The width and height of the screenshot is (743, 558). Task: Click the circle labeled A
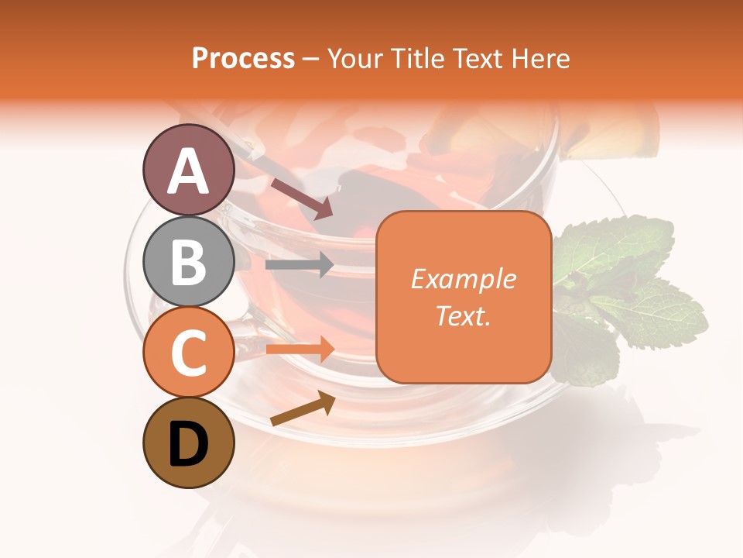point(189,170)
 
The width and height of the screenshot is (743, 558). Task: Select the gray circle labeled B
point(189,261)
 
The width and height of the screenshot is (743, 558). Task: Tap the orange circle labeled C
point(189,353)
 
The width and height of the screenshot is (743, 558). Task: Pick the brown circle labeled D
point(189,443)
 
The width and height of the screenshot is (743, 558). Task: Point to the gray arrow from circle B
point(299,265)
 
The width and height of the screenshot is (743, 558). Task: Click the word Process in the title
point(243,59)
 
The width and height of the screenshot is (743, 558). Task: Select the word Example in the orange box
point(463,279)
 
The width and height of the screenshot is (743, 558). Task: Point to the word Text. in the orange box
point(463,315)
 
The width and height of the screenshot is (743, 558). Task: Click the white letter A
point(189,171)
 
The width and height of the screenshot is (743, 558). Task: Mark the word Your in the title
point(352,59)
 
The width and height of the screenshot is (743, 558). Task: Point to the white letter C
point(189,353)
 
